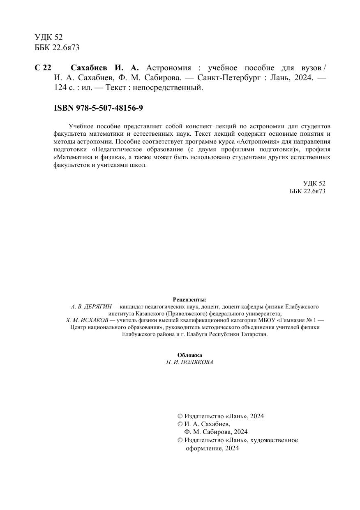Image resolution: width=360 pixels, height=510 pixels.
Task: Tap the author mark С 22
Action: point(43,68)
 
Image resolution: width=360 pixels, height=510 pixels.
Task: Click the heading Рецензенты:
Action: point(190,300)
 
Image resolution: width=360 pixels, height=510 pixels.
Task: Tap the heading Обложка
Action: point(190,355)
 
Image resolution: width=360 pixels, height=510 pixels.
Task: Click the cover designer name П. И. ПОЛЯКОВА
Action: point(190,362)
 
